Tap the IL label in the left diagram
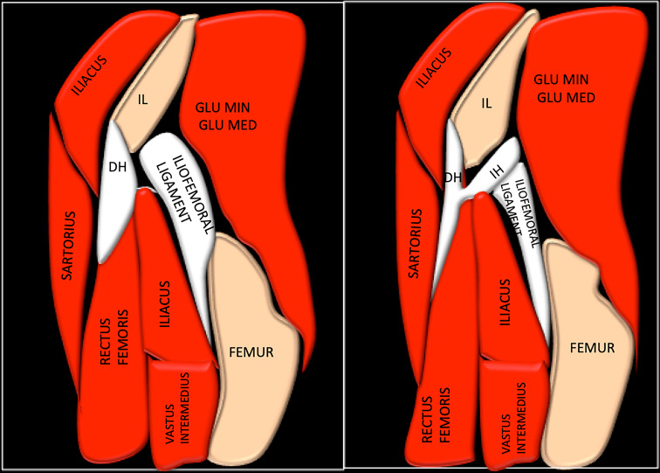[142, 100]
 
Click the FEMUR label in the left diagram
[251, 352]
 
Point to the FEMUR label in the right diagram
[592, 348]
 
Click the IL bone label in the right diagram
[487, 103]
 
